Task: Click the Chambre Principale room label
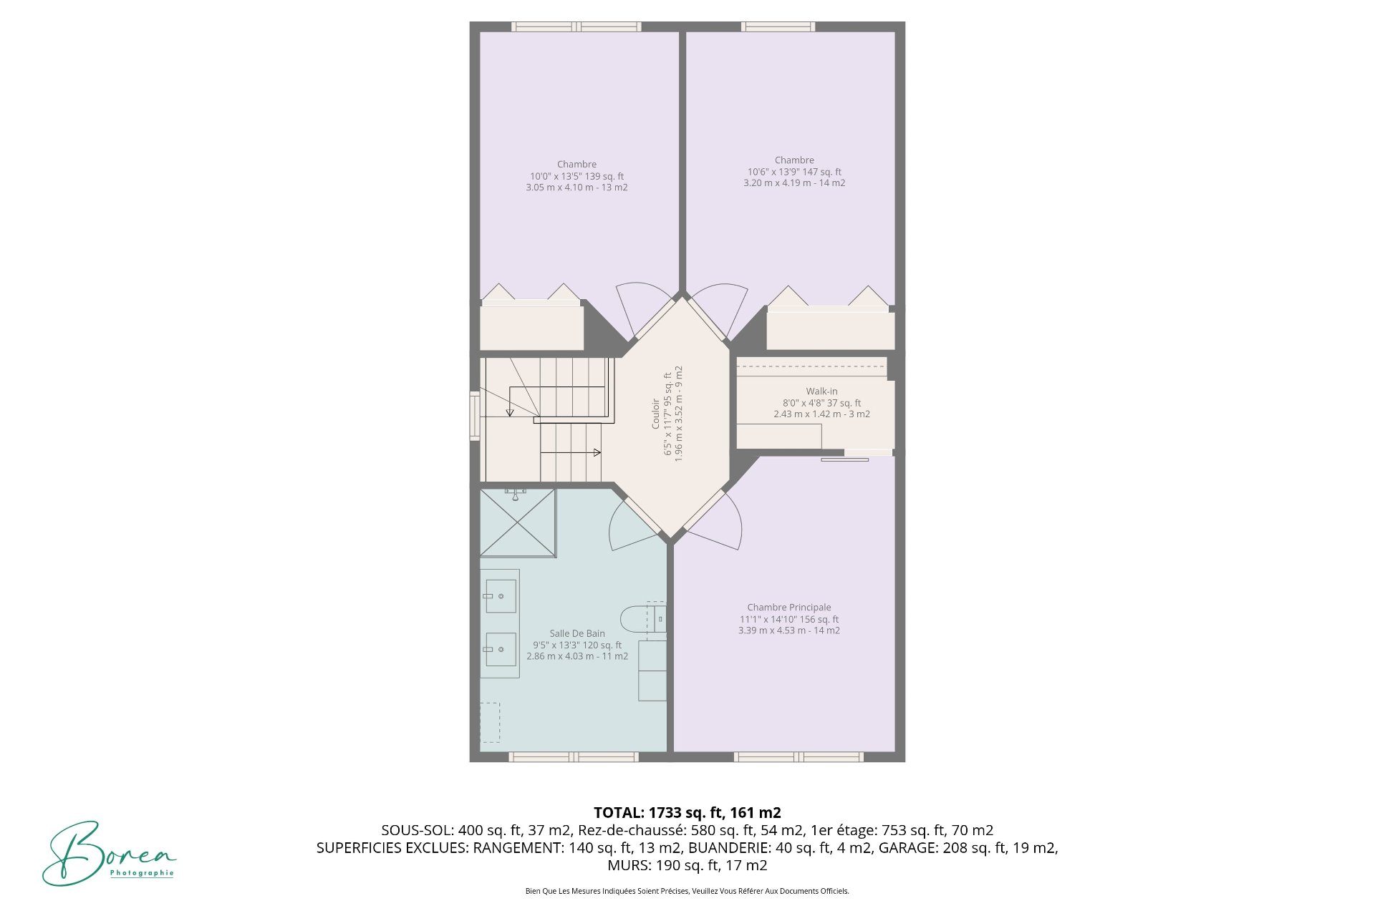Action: coord(789,608)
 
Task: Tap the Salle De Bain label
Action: coord(577,633)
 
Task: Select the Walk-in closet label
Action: coord(821,391)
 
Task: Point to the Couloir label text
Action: coord(655,414)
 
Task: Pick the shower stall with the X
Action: coord(518,522)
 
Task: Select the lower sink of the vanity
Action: coord(501,650)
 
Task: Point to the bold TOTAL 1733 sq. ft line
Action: coord(687,812)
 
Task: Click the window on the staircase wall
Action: coord(474,415)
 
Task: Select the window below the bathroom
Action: coord(573,756)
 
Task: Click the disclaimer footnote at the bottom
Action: coord(687,891)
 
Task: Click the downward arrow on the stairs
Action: coord(510,401)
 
